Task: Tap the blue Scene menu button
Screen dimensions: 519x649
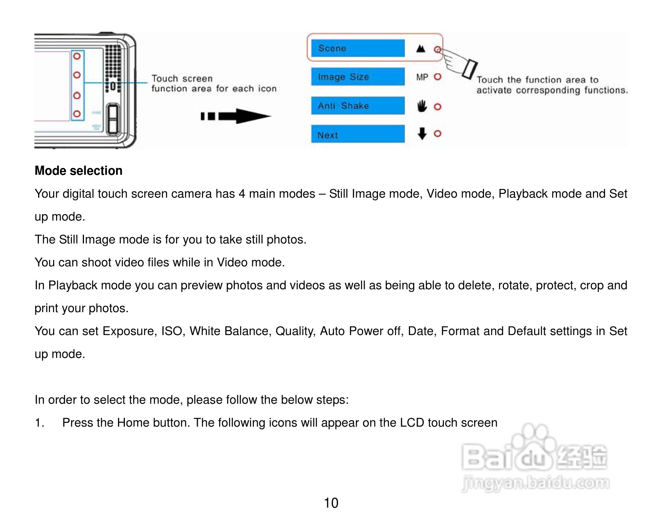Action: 358,48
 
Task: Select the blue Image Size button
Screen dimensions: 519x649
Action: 358,77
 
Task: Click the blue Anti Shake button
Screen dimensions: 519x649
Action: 358,106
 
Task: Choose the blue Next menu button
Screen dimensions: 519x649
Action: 358,134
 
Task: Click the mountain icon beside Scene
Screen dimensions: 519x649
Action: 421,48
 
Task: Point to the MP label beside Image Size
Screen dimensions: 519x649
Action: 422,77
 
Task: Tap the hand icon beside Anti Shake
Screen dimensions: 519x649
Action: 422,106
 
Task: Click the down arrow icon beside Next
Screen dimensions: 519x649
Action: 422,134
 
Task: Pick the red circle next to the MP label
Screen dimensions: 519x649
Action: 438,77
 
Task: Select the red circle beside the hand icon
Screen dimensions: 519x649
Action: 438,107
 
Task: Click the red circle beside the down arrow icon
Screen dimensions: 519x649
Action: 438,134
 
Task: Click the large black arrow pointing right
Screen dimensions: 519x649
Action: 237,116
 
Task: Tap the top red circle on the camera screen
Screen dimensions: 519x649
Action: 77,56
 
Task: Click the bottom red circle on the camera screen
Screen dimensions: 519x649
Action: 77,114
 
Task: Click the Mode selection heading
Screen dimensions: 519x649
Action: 79,171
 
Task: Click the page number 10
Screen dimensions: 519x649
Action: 331,503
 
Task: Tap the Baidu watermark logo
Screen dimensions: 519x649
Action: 534,458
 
